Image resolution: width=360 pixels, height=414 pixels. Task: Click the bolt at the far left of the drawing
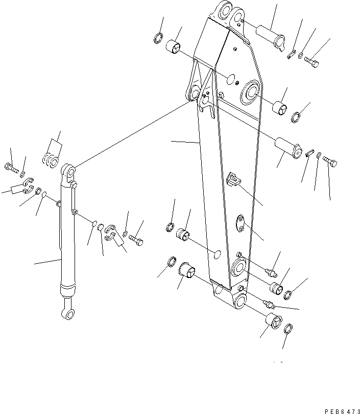[x=11, y=167]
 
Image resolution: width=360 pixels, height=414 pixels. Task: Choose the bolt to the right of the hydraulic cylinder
[x=136, y=238]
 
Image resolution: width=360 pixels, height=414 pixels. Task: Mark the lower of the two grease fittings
[x=267, y=304]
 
